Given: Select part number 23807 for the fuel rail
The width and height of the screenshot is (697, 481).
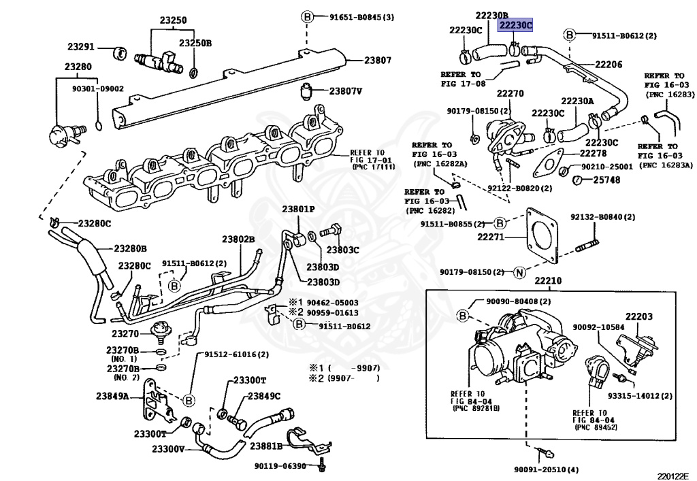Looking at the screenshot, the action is tap(378, 60).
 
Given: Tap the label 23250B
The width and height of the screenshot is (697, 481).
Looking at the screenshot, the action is tap(195, 43).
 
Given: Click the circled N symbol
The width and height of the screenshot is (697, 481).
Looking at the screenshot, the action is tap(519, 272).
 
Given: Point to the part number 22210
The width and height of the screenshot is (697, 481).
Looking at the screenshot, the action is tap(548, 281).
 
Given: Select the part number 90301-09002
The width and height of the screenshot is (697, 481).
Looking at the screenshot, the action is tap(98, 89).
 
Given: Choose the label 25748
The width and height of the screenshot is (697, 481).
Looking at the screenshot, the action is tap(606, 180).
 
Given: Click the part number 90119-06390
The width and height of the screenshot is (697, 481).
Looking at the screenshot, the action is tap(280, 466).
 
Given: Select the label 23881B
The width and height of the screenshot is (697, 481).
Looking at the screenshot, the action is tap(266, 446).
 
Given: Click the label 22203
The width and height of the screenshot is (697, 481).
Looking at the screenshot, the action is tap(639, 316).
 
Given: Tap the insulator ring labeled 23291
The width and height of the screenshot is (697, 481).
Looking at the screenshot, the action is tap(118, 53).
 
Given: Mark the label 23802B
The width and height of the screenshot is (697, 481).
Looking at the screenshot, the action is tap(238, 239).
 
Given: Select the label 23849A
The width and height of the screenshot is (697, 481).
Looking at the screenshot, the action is tap(112, 396).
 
